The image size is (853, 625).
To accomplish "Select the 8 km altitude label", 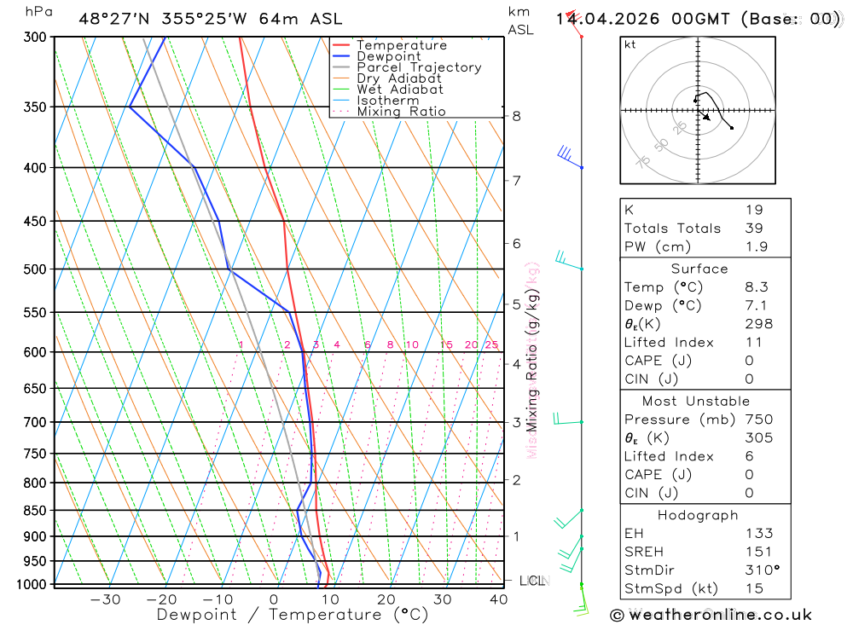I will click(x=517, y=116).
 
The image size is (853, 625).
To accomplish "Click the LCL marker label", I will click(x=531, y=582).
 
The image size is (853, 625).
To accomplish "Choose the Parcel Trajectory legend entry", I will click(x=419, y=67).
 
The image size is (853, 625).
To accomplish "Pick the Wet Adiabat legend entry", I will click(x=400, y=90).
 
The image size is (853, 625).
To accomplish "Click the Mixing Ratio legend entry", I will click(x=401, y=112).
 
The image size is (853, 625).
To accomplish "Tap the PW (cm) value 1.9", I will click(x=756, y=246).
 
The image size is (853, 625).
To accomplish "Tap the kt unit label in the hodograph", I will click(x=630, y=44).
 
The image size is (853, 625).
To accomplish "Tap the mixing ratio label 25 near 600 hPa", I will click(x=491, y=344).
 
